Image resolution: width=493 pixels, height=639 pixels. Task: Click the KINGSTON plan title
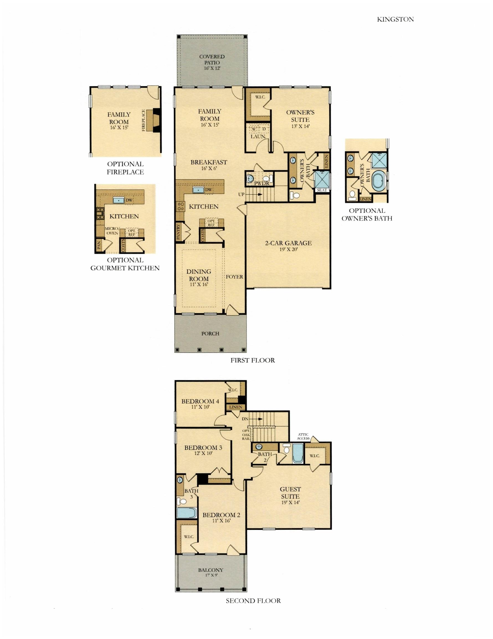click(x=395, y=19)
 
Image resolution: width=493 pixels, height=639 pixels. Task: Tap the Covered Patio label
click(x=212, y=60)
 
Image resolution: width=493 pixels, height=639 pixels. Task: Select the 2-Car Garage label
click(x=288, y=243)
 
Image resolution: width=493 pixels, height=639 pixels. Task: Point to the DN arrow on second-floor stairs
click(x=258, y=419)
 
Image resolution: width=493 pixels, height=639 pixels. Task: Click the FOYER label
click(x=234, y=277)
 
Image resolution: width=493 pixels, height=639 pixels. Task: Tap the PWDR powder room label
click(x=261, y=183)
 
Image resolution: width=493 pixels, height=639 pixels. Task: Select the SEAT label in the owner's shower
click(x=322, y=190)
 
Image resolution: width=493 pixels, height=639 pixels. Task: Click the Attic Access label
click(x=303, y=436)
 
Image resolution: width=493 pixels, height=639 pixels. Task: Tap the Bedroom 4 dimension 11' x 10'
click(x=200, y=407)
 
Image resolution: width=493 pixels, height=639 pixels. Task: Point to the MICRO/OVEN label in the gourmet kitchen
click(x=112, y=231)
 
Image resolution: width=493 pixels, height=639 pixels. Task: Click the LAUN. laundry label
click(x=258, y=136)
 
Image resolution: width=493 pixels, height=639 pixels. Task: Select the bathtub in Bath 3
click(x=186, y=513)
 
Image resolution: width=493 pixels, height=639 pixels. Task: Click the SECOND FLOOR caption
click(x=253, y=601)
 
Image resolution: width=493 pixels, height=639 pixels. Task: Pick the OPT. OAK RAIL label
click(x=246, y=435)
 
